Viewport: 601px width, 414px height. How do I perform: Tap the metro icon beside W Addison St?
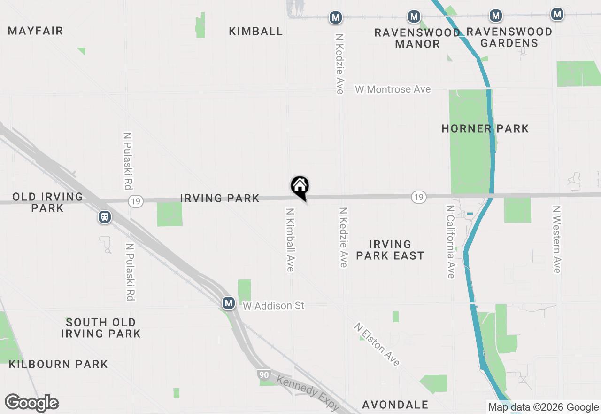229,303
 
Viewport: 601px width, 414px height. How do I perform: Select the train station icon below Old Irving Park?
105,217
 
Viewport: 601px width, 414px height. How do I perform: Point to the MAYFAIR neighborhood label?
35,31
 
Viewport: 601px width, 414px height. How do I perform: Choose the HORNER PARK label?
485,128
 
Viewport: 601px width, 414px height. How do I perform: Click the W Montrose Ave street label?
393,89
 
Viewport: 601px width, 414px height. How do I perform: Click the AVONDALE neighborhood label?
395,405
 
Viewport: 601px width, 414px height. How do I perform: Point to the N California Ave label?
451,241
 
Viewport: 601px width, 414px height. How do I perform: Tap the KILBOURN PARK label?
58,364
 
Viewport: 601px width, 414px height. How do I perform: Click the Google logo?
32,403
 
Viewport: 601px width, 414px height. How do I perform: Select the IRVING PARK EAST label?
390,250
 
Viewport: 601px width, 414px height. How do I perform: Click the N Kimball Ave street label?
290,239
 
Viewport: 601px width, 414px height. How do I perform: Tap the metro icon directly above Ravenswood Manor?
414,17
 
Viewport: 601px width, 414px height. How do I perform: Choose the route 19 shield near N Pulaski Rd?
136,201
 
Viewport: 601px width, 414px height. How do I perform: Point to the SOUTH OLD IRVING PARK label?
101,328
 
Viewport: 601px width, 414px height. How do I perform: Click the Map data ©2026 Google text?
543,407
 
